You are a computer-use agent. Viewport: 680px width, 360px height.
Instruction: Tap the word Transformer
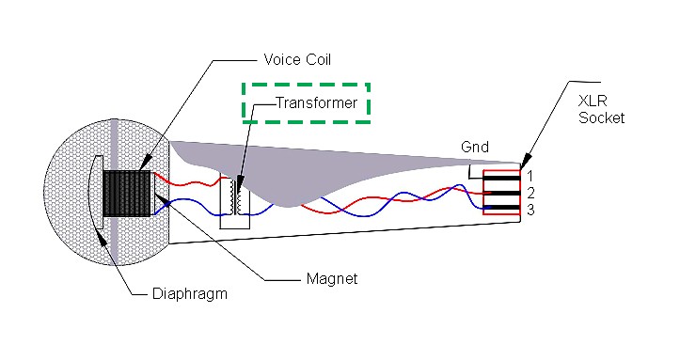tap(316, 102)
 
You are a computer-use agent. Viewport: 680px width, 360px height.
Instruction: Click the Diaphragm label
tap(189, 294)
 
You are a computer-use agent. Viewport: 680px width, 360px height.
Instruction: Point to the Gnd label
tap(474, 148)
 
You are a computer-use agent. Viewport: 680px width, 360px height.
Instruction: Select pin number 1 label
tap(530, 176)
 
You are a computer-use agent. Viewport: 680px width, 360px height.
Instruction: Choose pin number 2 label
tap(530, 192)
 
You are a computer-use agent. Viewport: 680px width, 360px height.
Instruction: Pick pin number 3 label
tap(530, 209)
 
